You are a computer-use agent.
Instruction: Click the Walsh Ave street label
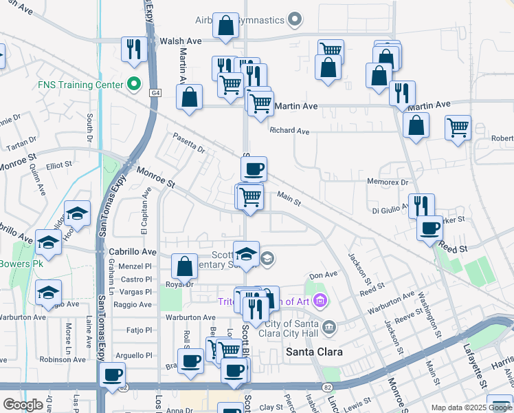click(181, 41)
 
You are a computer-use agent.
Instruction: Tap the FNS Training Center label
click(80, 85)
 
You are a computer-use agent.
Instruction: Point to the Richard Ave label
click(289, 130)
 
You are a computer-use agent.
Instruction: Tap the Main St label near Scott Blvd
click(289, 200)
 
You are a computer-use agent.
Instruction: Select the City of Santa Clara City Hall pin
click(329, 326)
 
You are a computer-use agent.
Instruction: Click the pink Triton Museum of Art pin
click(319, 300)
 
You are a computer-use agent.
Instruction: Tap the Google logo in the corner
click(23, 405)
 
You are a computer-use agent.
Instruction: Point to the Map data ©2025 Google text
click(471, 407)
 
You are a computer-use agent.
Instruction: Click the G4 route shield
click(155, 92)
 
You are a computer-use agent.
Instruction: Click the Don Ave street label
click(323, 275)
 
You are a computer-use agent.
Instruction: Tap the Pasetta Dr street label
click(189, 143)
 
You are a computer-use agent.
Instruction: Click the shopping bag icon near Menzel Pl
click(184, 266)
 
